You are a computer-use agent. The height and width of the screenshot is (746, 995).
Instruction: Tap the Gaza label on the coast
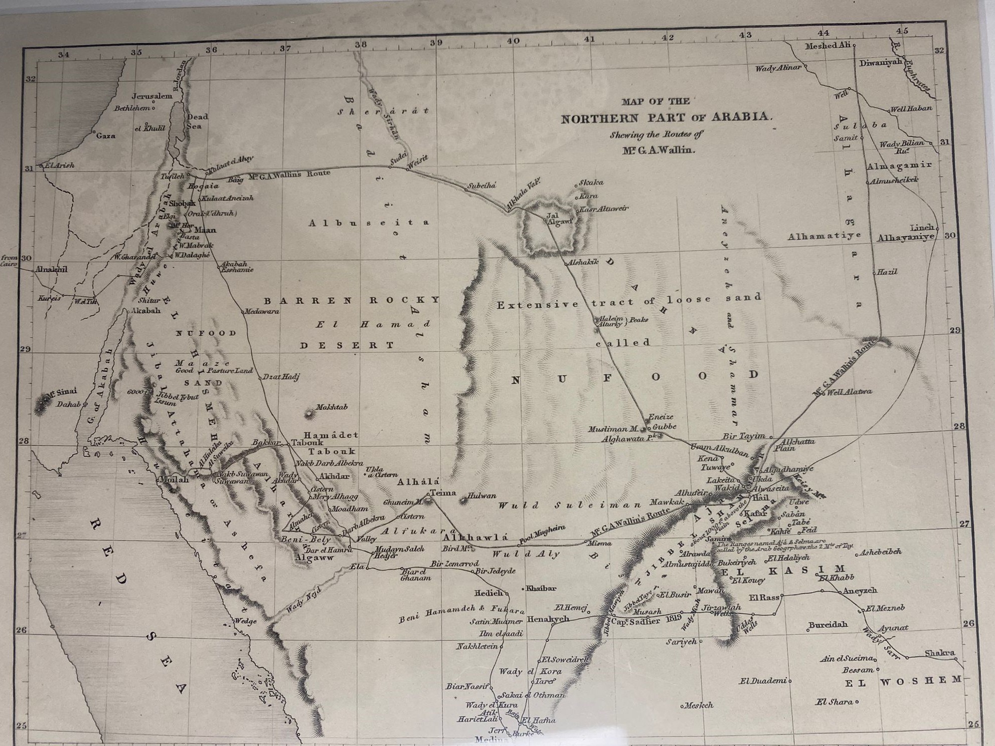[x=106, y=135]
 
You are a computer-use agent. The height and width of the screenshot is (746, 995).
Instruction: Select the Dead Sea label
[x=197, y=121]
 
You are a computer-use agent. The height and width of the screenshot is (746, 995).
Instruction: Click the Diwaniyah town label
[x=881, y=63]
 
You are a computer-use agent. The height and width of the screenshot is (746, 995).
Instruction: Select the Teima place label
[x=443, y=492]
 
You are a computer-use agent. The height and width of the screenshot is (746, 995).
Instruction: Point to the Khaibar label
[x=541, y=589]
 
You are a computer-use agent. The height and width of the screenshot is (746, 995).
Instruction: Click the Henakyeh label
[x=548, y=619]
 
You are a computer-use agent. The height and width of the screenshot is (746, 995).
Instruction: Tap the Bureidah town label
[x=828, y=625]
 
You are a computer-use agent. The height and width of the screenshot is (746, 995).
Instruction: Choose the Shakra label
[x=939, y=653]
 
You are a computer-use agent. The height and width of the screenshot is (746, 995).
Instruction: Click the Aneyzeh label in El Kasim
[x=860, y=591]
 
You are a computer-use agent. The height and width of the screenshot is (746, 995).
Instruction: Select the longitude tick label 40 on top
[x=513, y=41]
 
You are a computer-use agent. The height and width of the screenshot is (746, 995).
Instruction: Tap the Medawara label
[x=261, y=311]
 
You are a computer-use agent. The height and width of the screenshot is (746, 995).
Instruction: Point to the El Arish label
[x=59, y=165]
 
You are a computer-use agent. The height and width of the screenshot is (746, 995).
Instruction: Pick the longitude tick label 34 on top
[x=63, y=55]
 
